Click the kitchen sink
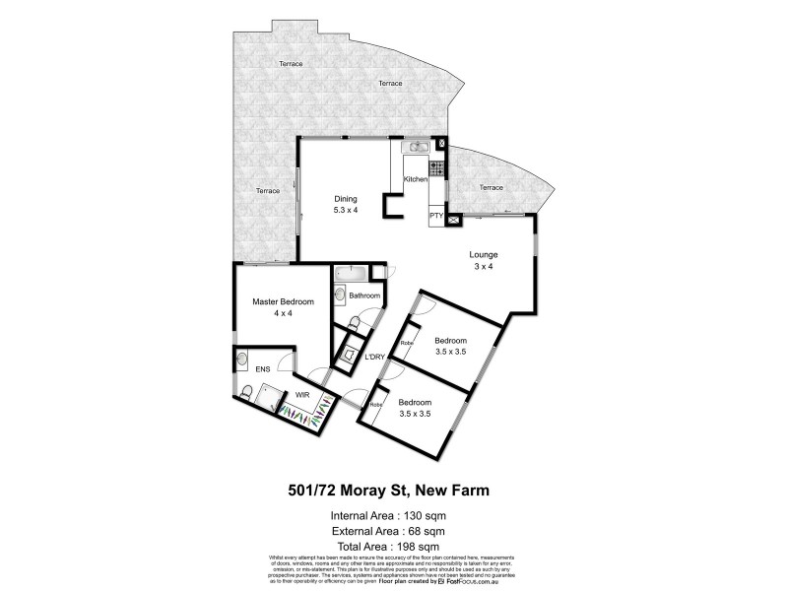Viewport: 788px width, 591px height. click(x=416, y=148)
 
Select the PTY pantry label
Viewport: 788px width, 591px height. click(x=435, y=215)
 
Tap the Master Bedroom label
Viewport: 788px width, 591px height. click(x=283, y=301)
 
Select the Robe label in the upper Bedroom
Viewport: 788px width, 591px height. click(x=405, y=343)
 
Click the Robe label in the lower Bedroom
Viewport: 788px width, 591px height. click(x=375, y=405)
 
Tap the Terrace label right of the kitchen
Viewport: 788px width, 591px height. click(x=491, y=187)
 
